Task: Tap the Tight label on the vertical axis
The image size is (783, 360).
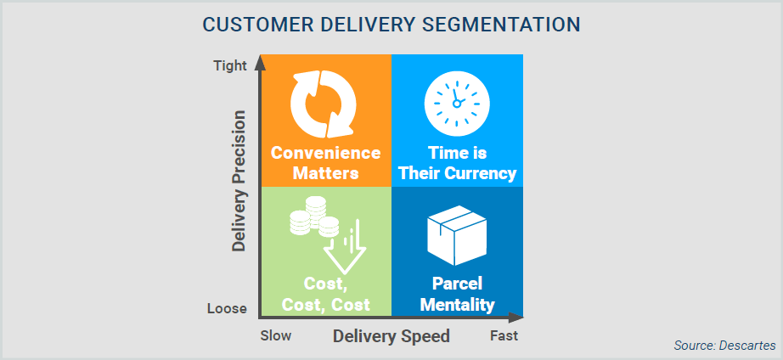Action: (229, 65)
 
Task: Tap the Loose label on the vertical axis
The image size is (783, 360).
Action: (227, 309)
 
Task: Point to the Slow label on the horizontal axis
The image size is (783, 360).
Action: (276, 335)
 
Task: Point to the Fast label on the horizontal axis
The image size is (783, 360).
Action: (504, 335)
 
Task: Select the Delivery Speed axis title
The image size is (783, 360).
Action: (391, 336)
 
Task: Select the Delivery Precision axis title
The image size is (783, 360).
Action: (239, 180)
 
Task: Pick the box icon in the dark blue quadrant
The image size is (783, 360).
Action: (456, 235)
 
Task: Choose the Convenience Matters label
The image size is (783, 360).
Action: (325, 163)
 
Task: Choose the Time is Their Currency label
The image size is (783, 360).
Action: (457, 163)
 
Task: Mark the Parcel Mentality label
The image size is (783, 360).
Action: (457, 294)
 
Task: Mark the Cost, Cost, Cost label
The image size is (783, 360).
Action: (326, 294)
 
